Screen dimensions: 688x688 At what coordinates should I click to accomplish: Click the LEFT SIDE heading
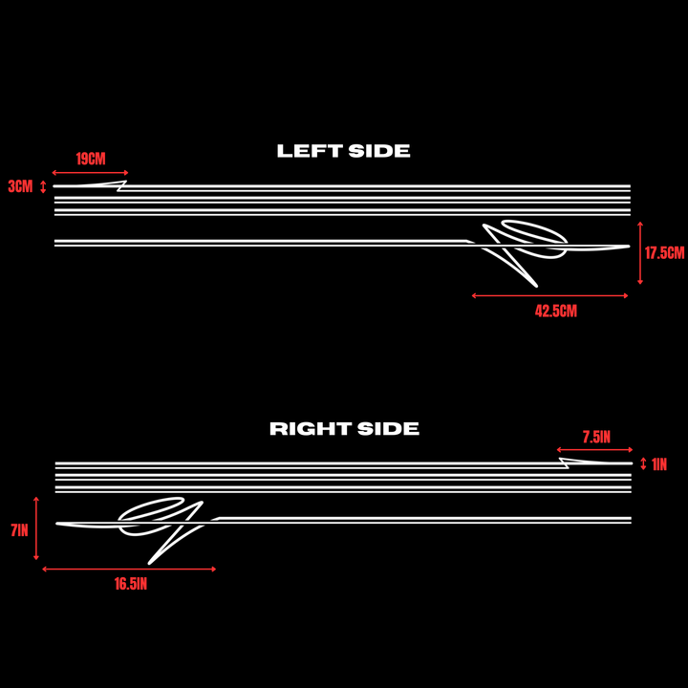[x=344, y=151]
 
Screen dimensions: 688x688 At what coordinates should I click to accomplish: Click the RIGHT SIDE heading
[x=344, y=429]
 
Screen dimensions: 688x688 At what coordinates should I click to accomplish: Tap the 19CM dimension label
[x=91, y=159]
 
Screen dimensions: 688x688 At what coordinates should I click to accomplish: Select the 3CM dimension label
[x=21, y=186]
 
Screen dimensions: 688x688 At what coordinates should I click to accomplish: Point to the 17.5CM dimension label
[x=664, y=252]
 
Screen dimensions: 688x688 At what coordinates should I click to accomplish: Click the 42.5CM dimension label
[x=556, y=312]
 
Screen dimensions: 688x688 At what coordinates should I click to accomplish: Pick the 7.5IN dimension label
[x=596, y=437]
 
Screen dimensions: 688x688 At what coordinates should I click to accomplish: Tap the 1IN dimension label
[x=659, y=464]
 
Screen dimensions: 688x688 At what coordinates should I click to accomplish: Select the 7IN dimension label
[x=19, y=530]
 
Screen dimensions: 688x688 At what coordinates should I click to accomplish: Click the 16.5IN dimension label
[x=131, y=584]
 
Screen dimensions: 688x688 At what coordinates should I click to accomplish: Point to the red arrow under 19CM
[x=90, y=173]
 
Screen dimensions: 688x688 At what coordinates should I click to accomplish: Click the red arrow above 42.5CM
[x=549, y=295]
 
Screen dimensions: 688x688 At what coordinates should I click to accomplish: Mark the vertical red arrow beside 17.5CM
[x=640, y=253]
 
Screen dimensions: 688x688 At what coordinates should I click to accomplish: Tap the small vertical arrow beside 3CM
[x=43, y=187]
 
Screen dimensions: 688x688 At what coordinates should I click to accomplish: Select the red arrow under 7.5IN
[x=594, y=450]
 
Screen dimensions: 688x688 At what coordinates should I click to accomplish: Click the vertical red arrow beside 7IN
[x=36, y=528]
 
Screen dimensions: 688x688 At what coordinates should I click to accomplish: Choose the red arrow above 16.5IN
[x=129, y=570]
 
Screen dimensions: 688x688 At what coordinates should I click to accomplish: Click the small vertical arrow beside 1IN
[x=643, y=463]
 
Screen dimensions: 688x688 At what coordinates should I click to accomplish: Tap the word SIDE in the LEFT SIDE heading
[x=379, y=151]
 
